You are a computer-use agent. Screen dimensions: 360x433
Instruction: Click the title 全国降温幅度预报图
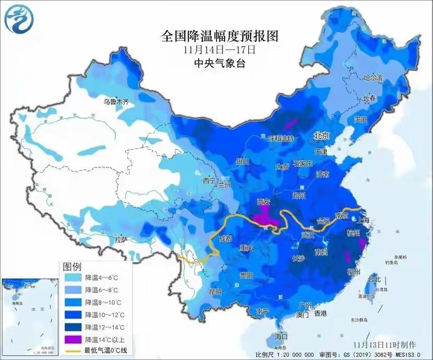pyautogui.click(x=220, y=36)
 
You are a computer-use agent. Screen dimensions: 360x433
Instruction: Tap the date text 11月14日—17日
pyautogui.click(x=219, y=51)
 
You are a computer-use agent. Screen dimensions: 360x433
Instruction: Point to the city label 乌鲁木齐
pyautogui.click(x=115, y=102)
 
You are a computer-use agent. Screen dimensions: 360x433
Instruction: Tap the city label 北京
pyautogui.click(x=322, y=135)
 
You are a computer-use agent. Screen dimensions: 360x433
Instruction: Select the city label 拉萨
pyautogui.click(x=121, y=239)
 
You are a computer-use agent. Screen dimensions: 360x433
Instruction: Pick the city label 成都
pyautogui.click(x=225, y=238)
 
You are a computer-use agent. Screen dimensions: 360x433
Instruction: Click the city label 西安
pyautogui.click(x=264, y=201)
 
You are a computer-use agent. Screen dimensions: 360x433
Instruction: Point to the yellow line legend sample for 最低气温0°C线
pyautogui.click(x=72, y=351)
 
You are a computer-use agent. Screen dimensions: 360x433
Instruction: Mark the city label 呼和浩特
pyautogui.click(x=281, y=138)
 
